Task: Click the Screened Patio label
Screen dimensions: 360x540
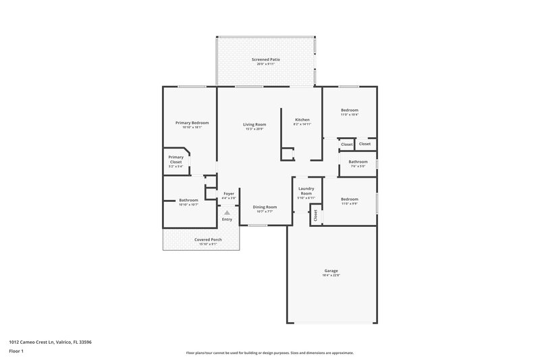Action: coord(266,60)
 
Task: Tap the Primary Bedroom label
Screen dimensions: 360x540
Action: coord(192,123)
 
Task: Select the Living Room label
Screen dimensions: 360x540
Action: coord(254,124)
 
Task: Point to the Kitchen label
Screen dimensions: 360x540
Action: coord(302,120)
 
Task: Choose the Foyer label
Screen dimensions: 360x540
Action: coord(229,194)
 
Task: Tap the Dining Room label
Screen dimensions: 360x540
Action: coord(265,207)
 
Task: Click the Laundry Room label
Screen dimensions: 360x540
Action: coord(306,192)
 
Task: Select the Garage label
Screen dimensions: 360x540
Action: coord(331,271)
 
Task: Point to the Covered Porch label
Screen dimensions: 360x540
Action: coord(208,240)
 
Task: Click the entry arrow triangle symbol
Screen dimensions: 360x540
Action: coord(227,212)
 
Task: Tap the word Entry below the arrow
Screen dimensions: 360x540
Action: coord(227,219)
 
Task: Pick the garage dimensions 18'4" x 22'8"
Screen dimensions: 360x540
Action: coord(331,276)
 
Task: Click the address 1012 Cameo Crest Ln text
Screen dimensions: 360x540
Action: coord(51,342)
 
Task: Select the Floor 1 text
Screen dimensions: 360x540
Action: coord(16,351)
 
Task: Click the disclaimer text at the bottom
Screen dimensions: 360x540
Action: coord(269,353)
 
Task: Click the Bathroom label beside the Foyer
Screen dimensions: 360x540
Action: coord(188,200)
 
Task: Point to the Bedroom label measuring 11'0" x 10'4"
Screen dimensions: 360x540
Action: coord(349,110)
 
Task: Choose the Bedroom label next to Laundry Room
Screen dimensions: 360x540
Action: coord(349,199)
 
